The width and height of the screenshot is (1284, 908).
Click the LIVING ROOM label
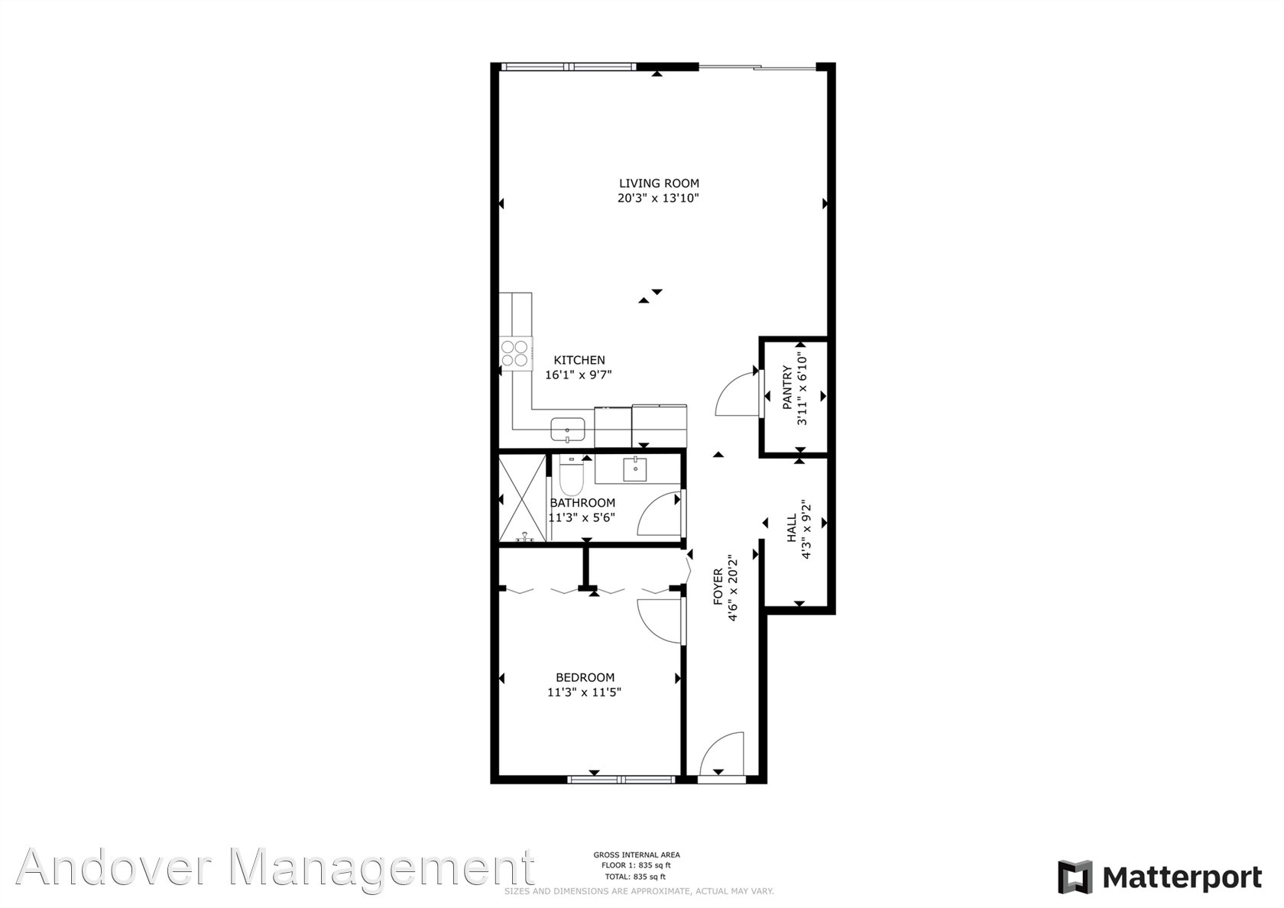659,183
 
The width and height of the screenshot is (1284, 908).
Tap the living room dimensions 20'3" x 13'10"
659,199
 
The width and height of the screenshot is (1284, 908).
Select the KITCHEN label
579,360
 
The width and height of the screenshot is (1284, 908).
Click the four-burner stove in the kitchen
515,353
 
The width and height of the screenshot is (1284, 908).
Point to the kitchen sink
567,429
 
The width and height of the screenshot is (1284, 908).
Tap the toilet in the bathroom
572,475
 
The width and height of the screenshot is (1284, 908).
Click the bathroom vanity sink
634,469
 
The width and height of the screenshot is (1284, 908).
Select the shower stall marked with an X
522,498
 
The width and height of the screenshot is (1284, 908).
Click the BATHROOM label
582,503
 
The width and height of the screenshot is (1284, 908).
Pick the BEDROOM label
585,677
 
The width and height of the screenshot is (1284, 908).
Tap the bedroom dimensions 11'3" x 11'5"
584,692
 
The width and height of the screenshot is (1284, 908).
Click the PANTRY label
787,388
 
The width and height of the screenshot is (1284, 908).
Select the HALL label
792,528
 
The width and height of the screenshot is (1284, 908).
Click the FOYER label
718,587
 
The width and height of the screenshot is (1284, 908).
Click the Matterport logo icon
1075,877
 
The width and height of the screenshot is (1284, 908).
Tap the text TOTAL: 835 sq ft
636,877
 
